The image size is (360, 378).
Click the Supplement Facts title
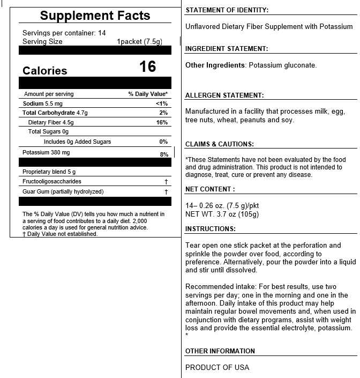(95, 16)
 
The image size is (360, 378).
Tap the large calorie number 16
(147, 66)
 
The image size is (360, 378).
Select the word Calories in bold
(45, 71)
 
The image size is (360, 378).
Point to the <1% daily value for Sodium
(162, 103)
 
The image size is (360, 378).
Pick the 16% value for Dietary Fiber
(162, 122)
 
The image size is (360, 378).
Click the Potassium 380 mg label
(46, 153)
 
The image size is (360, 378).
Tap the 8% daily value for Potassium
(164, 154)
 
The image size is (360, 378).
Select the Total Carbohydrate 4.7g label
(54, 113)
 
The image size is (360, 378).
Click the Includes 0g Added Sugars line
(78, 142)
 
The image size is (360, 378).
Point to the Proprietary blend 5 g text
(49, 172)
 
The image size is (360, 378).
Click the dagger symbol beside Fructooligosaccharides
(166, 182)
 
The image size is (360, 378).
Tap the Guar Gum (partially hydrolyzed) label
(63, 191)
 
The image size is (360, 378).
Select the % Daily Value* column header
(148, 94)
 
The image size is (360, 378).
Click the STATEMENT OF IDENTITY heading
(227, 10)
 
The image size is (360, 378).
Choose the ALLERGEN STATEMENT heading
(224, 95)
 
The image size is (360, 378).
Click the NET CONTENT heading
(210, 189)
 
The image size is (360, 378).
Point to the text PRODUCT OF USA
(217, 367)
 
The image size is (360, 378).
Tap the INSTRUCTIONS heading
(211, 229)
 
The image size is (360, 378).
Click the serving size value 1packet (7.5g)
(139, 41)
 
